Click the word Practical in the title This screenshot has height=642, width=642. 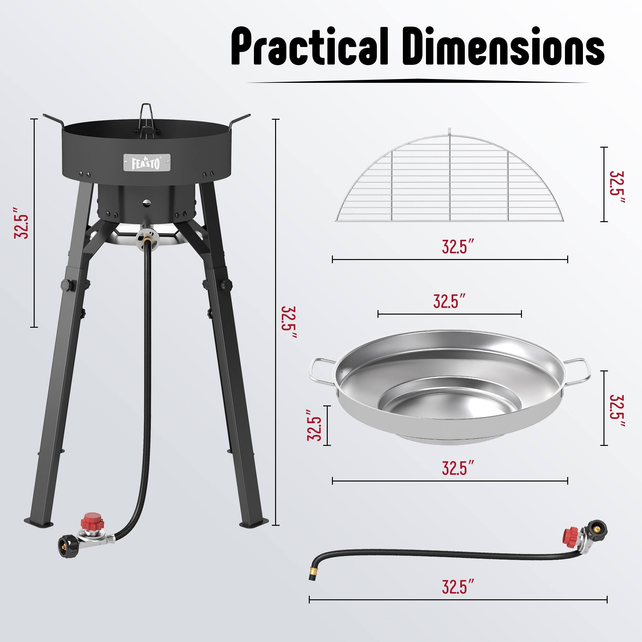click(x=309, y=47)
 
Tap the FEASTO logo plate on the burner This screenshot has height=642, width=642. click(x=147, y=162)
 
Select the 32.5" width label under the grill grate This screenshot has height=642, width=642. click(x=457, y=247)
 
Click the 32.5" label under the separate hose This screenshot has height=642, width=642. click(x=457, y=587)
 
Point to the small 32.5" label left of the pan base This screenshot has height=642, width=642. click(x=315, y=425)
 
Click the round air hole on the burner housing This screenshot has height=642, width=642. click(x=146, y=202)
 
